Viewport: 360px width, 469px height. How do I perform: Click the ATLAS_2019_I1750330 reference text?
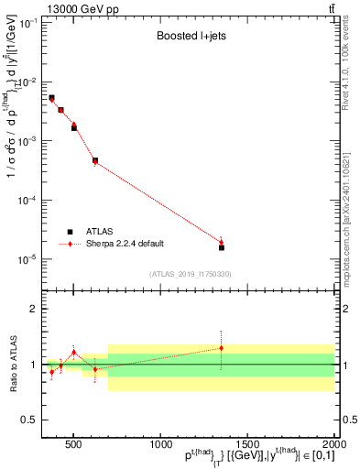point(190,274)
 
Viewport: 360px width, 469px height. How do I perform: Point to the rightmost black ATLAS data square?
point(221,247)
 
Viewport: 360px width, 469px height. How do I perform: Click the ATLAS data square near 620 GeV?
point(94,160)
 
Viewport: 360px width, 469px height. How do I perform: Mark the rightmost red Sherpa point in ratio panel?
point(221,348)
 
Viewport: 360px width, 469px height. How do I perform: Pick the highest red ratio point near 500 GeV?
point(74,353)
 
